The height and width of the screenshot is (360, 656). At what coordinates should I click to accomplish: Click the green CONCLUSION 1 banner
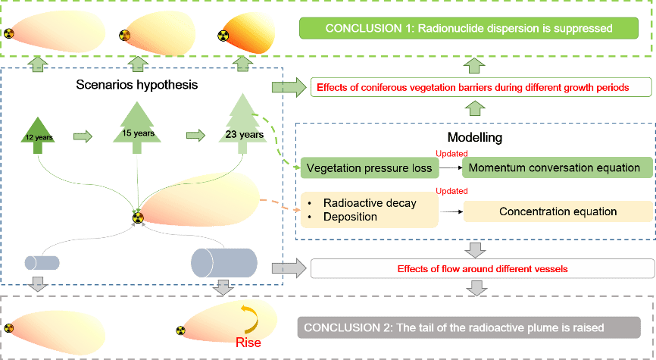click(x=468, y=29)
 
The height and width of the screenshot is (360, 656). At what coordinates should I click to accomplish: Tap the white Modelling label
click(x=474, y=138)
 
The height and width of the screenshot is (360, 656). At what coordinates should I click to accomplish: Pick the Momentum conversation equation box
click(x=554, y=167)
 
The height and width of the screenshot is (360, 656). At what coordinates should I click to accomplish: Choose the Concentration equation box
click(x=558, y=211)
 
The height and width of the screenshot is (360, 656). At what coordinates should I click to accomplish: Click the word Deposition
click(x=350, y=217)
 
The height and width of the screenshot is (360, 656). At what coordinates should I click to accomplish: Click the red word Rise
click(x=248, y=342)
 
